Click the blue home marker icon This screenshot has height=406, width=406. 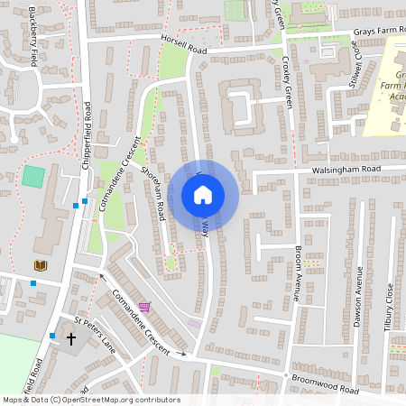(203, 195)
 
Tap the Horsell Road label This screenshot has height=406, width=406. (184, 46)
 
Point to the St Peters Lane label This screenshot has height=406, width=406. (96, 335)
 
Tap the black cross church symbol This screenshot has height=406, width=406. (71, 339)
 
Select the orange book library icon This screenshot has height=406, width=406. (39, 265)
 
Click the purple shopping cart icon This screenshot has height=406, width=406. (144, 307)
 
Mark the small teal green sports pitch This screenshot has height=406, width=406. (32, 176)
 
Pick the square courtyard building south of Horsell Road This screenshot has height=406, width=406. (242, 106)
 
